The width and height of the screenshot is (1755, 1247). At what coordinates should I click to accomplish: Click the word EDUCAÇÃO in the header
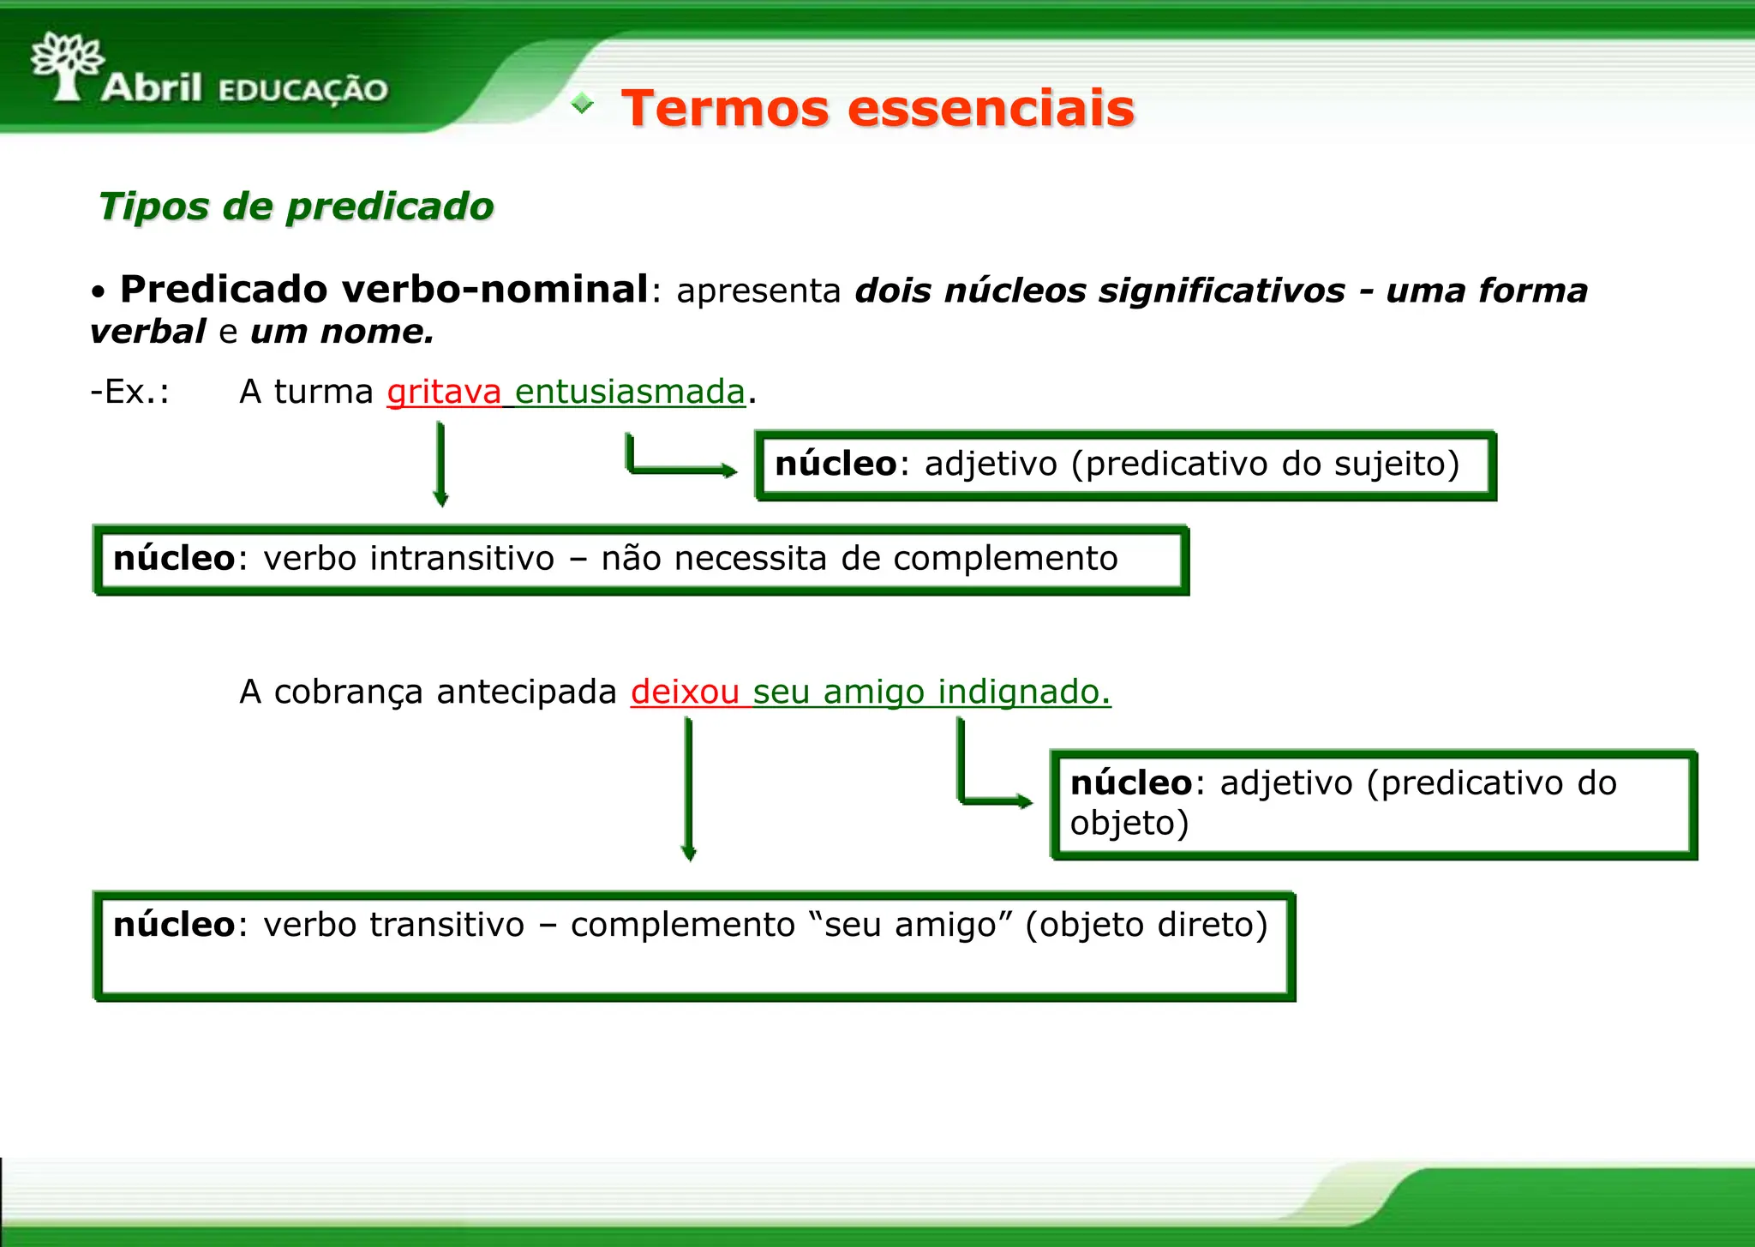303,90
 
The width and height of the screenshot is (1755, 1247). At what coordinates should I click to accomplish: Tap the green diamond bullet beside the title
583,104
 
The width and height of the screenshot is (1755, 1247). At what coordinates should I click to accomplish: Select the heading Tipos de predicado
296,207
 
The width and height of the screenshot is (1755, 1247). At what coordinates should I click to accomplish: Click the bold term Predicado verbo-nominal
384,289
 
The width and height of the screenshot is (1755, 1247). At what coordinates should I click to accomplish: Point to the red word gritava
444,392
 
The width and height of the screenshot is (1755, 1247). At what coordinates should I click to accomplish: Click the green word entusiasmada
630,392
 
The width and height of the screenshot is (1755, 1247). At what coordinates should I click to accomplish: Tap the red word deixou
685,692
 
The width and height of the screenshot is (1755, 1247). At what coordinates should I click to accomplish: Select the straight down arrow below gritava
440,464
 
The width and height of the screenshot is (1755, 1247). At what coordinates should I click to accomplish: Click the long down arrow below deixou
688,788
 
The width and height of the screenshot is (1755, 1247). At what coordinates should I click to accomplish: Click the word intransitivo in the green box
463,559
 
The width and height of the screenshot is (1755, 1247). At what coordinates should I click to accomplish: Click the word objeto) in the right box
1129,823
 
